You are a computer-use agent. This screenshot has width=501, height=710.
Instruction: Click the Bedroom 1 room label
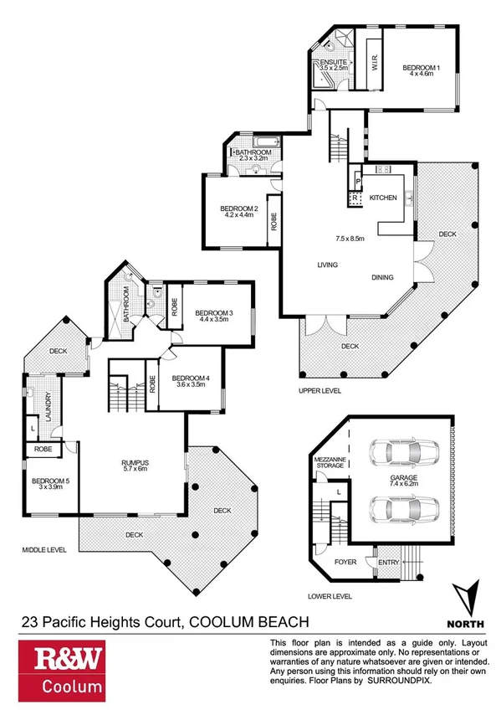[x=422, y=67]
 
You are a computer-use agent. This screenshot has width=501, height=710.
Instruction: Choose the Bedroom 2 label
[x=238, y=208]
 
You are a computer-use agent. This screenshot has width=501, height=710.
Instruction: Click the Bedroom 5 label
[x=49, y=481]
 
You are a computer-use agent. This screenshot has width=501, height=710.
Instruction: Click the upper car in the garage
[x=393, y=454]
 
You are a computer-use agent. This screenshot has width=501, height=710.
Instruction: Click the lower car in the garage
[x=393, y=507]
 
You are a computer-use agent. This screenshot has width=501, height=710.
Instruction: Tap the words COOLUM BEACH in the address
[x=250, y=620]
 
